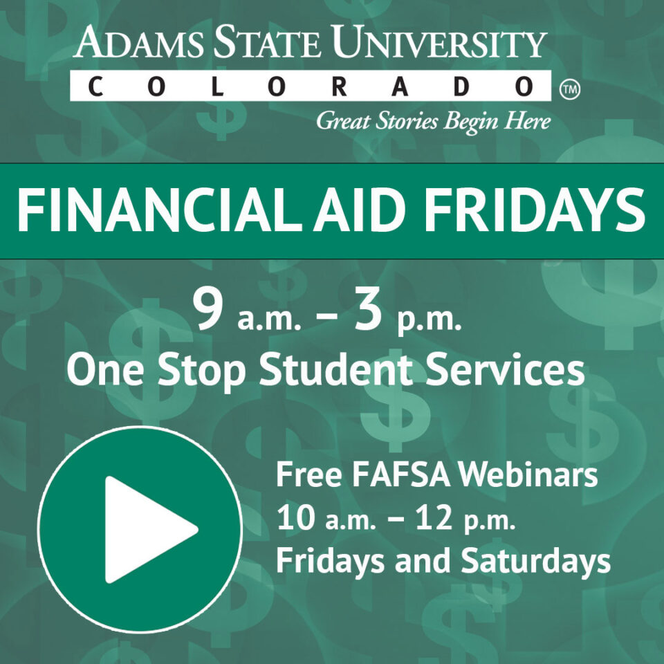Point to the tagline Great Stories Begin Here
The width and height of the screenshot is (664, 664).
point(433,122)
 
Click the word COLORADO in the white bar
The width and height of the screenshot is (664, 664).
point(311,87)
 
